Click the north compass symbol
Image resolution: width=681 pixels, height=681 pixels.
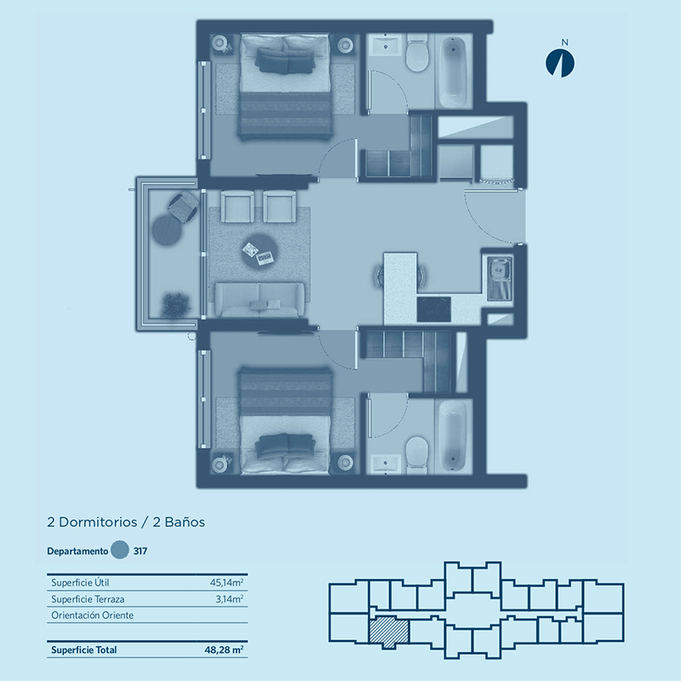point(560,63)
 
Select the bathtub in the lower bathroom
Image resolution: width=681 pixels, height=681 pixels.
point(453,436)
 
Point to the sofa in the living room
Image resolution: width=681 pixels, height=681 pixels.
point(260,300)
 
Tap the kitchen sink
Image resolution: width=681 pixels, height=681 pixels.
point(499,278)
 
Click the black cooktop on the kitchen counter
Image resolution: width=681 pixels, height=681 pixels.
point(433,309)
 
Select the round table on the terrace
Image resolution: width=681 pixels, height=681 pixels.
point(167,229)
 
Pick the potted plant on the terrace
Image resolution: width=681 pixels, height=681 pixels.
point(176,305)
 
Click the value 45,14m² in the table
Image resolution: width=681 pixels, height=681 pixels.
point(226,582)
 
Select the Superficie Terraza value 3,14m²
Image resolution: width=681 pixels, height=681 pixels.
point(229,599)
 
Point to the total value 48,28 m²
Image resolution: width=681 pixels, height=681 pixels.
point(224,650)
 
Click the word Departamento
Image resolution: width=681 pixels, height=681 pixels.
point(77,551)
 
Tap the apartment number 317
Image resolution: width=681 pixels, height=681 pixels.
point(140,551)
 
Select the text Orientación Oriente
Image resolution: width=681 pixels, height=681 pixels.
point(93,615)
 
